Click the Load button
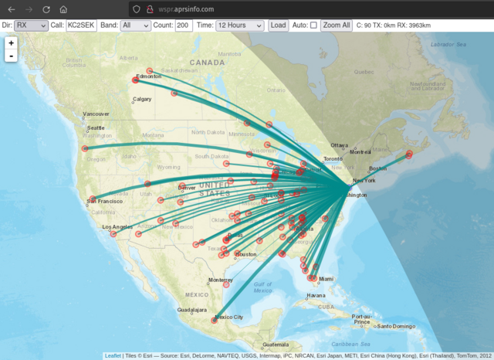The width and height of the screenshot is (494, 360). point(278,25)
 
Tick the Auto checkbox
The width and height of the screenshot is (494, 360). point(313,25)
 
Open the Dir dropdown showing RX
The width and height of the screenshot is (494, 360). point(31,25)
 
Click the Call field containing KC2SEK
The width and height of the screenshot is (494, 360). point(81,25)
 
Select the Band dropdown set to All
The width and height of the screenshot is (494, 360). point(136,25)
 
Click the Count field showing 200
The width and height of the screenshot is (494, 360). point(184,25)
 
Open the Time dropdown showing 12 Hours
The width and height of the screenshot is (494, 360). point(240,25)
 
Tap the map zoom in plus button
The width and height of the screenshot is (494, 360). point(12,43)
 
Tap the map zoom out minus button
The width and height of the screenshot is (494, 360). point(12,56)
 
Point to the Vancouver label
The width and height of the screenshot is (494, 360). point(96,114)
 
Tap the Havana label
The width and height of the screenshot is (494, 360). point(315,295)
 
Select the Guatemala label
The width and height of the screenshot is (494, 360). point(275,344)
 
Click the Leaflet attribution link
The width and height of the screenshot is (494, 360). point(112,355)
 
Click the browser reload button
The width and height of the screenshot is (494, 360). point(46,8)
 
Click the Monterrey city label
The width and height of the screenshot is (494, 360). point(221,280)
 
